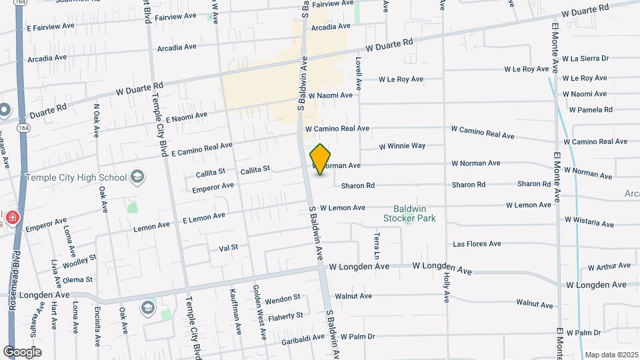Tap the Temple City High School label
point(75,177)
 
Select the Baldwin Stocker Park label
point(409,212)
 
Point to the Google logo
point(22,352)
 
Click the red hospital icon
point(13,218)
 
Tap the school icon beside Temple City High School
point(138,177)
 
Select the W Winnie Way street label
point(402,146)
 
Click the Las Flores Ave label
point(477,244)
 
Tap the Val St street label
point(228,247)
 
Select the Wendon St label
point(284,301)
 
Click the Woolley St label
point(80,261)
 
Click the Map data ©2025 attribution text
point(611,355)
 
